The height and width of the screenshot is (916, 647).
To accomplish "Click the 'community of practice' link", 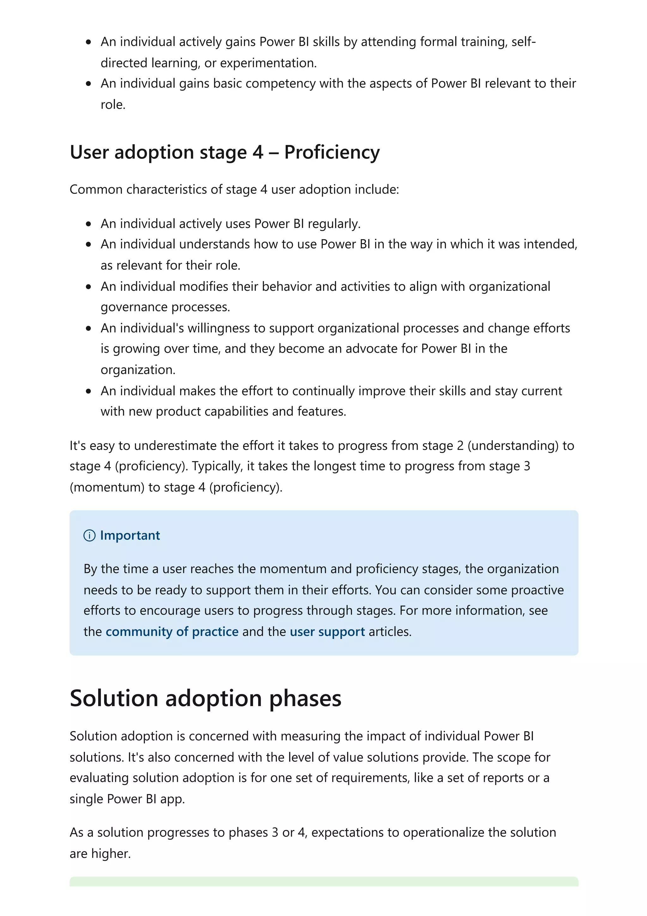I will point(172,632).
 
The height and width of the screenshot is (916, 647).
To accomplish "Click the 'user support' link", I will point(327,632).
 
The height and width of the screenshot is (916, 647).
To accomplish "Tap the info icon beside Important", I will point(89,535).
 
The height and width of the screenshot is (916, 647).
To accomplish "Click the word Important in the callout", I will point(130,535).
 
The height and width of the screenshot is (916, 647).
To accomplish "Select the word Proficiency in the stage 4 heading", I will point(332,152).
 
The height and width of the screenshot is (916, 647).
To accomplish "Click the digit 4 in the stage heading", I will point(258,152).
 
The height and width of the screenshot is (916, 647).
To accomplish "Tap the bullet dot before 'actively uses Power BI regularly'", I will point(88,224).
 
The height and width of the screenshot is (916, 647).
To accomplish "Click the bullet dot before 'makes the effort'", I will point(88,391).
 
